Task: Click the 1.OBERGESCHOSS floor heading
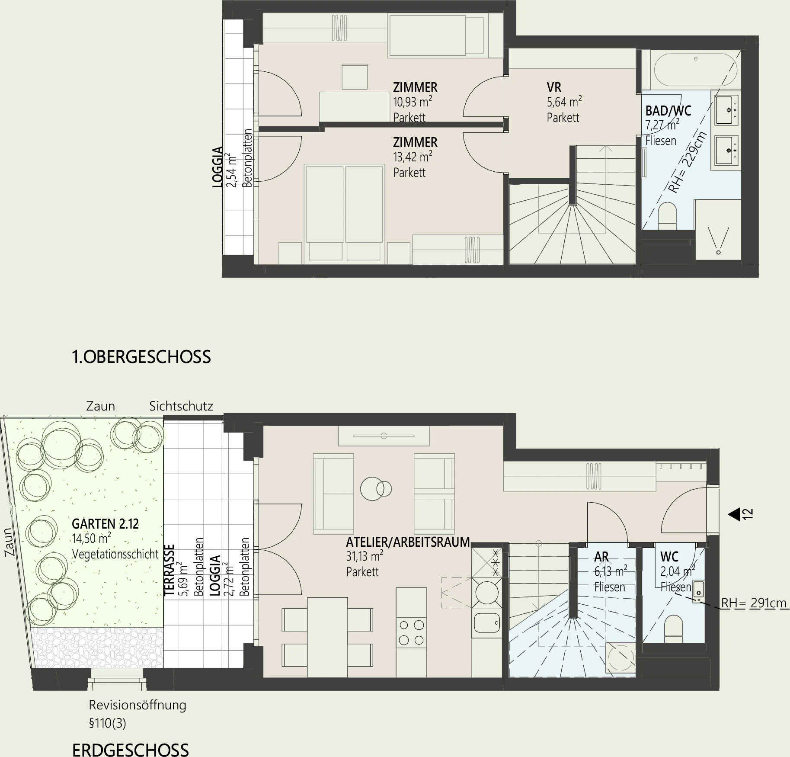tap(141, 357)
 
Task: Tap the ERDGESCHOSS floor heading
tap(131, 750)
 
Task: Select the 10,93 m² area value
tap(413, 102)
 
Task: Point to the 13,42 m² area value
tap(413, 157)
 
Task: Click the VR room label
tap(554, 87)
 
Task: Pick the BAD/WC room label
tap(668, 111)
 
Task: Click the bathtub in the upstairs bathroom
tap(695, 70)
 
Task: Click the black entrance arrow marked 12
tap(734, 514)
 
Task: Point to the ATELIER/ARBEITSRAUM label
tap(408, 542)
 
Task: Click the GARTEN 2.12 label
tap(105, 524)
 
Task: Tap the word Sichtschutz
tap(181, 406)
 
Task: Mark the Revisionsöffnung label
tap(138, 705)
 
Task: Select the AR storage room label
tap(601, 557)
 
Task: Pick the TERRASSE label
tap(170, 570)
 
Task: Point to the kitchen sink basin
tap(487, 623)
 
